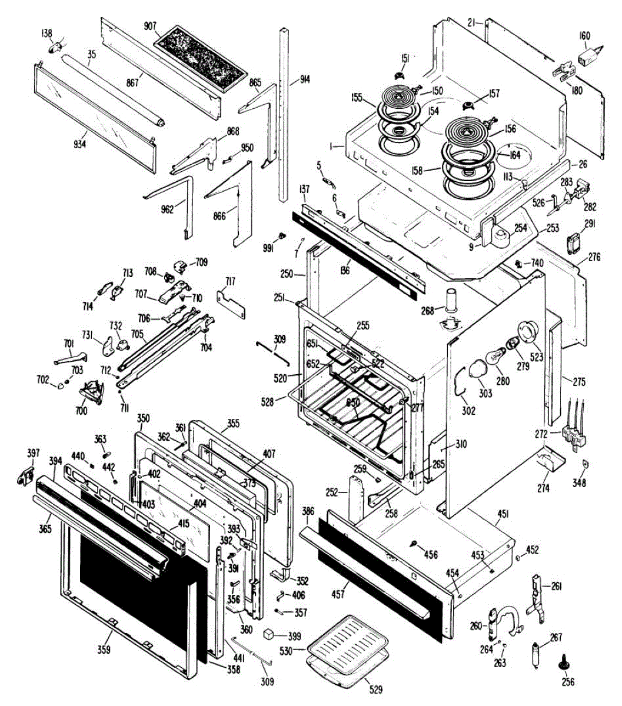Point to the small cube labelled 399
tap(271, 634)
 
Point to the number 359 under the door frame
tap(104, 650)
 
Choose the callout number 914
tap(305, 79)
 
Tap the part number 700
tap(82, 411)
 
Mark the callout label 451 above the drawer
tap(502, 514)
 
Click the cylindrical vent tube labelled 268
tap(452, 301)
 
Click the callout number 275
tap(579, 382)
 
